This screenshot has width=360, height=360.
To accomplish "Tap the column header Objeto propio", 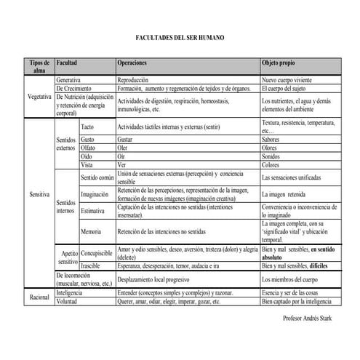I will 280,64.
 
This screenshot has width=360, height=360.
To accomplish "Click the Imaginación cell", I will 95,194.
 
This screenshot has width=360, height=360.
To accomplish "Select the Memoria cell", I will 92,231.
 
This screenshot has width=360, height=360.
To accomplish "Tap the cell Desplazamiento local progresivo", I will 157,279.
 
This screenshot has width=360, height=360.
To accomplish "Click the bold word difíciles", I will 332,266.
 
